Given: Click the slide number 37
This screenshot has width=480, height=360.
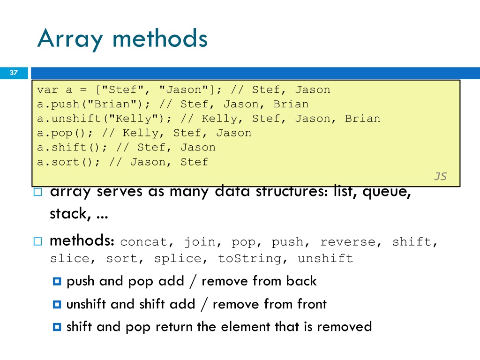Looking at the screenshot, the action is [14, 73].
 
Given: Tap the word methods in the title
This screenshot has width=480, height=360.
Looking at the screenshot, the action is [160, 38].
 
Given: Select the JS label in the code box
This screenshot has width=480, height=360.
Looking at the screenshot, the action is [441, 176].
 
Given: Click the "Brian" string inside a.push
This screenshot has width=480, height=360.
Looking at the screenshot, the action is [112, 104].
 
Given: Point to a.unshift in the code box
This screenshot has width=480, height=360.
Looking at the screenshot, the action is [69, 119].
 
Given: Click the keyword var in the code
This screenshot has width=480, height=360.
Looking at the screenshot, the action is [47, 90].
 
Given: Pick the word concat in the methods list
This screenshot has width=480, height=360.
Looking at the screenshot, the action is [143, 242].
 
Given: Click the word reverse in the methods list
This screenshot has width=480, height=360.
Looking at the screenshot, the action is [348, 242].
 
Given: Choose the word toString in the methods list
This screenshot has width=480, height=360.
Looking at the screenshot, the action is [249, 259].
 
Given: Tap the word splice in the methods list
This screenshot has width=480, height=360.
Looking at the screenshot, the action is [178, 259].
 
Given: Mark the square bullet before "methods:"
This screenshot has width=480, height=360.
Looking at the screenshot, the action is [37, 241].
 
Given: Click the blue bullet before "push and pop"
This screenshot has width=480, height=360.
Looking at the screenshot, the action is [57, 281].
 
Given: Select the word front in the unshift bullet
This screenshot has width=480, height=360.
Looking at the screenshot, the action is [311, 304].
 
